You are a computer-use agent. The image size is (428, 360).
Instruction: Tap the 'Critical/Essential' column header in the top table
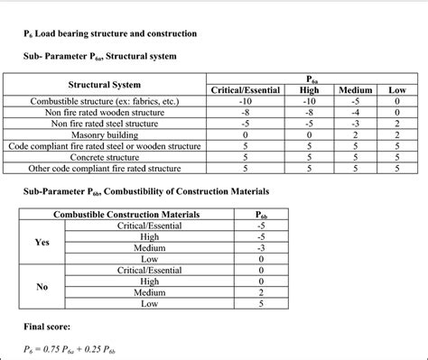tap(246, 90)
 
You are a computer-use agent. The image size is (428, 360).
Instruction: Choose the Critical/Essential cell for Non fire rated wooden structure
tap(246, 113)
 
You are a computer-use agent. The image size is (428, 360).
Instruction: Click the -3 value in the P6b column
tap(261, 247)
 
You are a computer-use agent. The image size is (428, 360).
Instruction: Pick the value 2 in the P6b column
tap(261, 292)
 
